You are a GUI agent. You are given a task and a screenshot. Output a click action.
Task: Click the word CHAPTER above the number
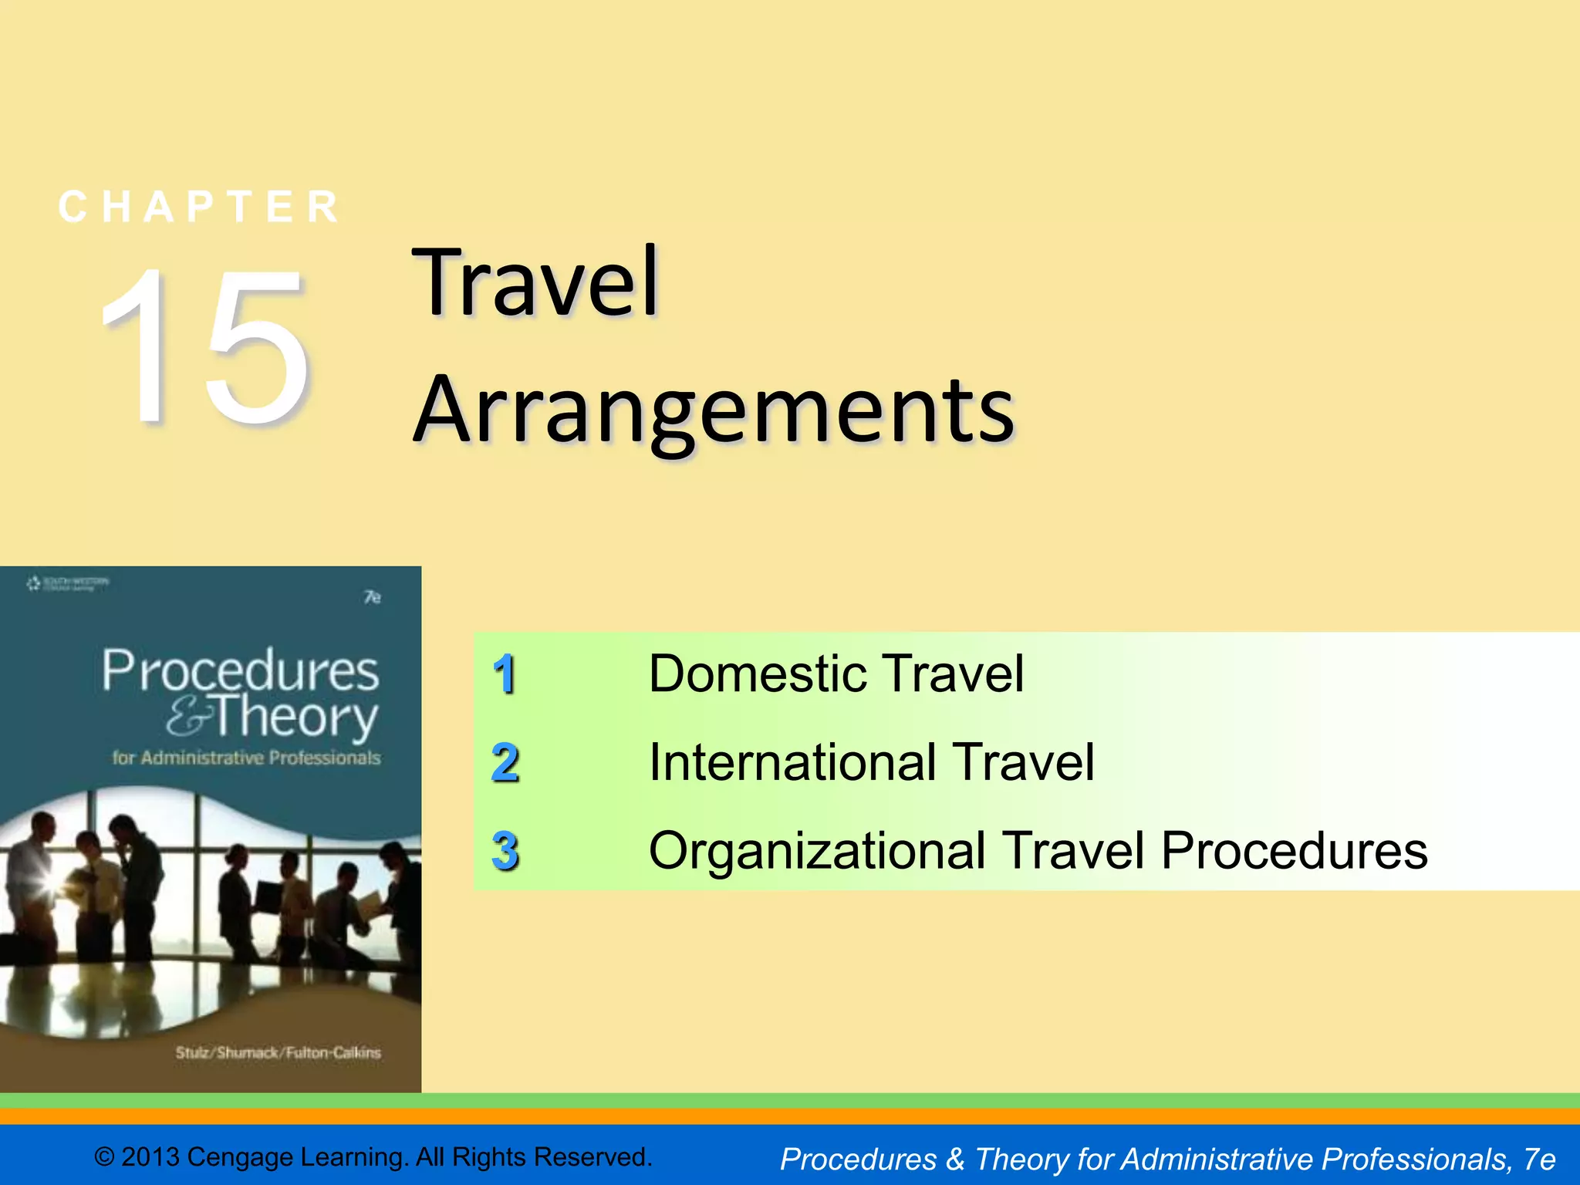click(200, 207)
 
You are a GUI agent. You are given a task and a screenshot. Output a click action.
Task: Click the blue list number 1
click(505, 674)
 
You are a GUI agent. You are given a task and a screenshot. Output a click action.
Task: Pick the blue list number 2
click(505, 763)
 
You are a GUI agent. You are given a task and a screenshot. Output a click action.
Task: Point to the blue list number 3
click(505, 851)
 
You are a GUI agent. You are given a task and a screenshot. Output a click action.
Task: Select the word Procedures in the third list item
click(1294, 851)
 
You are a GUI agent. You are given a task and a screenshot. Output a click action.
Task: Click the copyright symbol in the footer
click(104, 1157)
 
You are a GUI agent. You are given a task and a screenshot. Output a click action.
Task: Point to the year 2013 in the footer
click(150, 1157)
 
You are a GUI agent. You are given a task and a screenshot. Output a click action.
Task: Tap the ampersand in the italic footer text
click(955, 1159)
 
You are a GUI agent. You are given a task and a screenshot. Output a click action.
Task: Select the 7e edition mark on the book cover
click(373, 597)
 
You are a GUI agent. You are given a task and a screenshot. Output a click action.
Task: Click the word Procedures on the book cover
click(241, 670)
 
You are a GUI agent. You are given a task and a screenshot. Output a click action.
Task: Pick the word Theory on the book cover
click(296, 717)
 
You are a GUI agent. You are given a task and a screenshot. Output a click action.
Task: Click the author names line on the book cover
click(278, 1052)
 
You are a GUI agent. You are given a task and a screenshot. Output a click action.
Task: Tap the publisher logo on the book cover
click(68, 583)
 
